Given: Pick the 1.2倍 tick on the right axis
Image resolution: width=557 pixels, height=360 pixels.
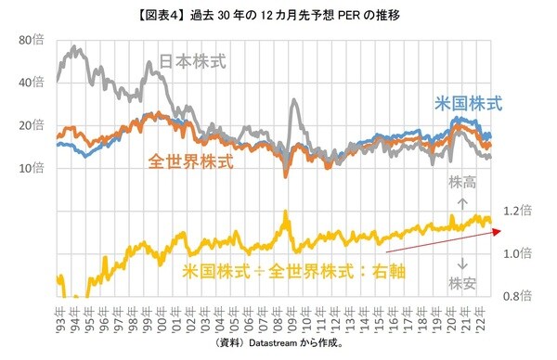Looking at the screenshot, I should coord(515,211).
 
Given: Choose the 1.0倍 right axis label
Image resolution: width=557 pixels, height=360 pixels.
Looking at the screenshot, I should coord(515,253).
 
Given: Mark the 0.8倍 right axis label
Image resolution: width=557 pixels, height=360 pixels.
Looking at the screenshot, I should coord(515,296).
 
